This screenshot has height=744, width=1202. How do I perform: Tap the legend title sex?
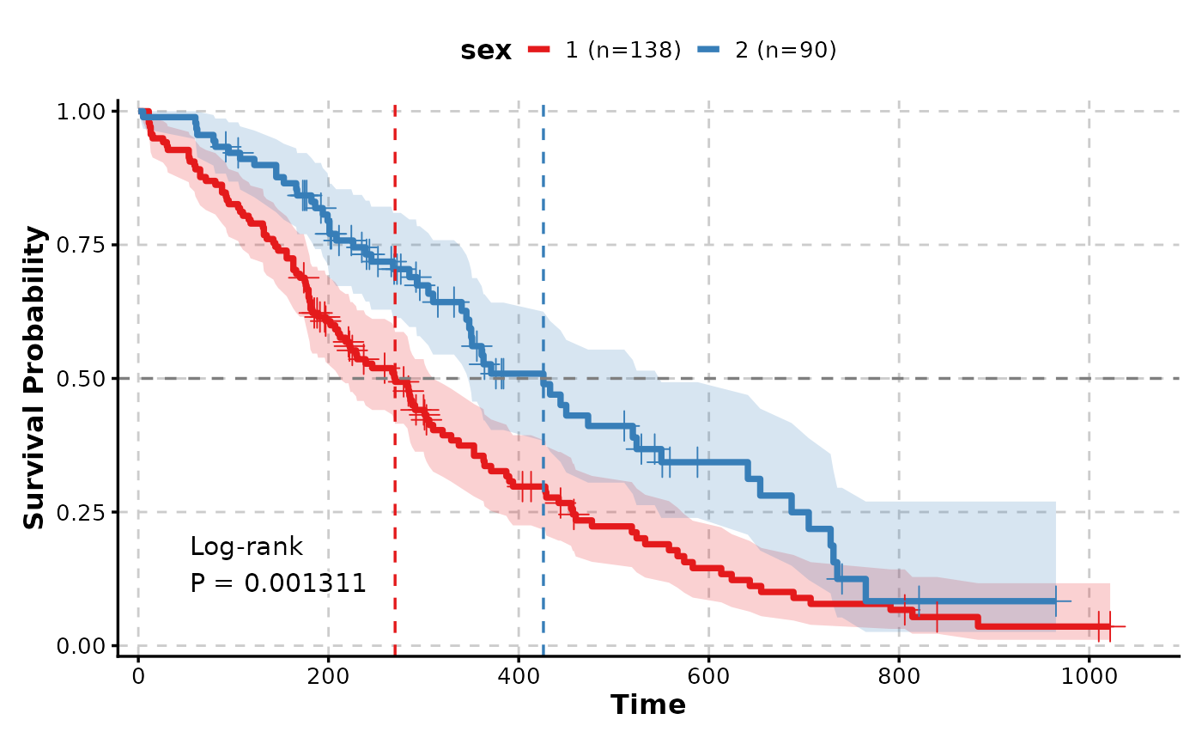coord(486,51)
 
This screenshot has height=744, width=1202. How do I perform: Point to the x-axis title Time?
coord(648,705)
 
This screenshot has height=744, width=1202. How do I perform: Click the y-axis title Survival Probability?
coord(34,378)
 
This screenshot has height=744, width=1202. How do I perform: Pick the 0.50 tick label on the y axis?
coord(81,378)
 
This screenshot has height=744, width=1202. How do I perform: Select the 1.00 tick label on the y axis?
coord(81,112)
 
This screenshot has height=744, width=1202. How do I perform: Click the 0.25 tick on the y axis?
coord(81,512)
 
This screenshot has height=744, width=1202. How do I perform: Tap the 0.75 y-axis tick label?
coord(81,245)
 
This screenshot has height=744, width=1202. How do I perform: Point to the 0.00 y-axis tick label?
coord(81,645)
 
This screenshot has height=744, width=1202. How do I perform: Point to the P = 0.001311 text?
coord(278,583)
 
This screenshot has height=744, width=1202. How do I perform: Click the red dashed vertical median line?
coord(395,515)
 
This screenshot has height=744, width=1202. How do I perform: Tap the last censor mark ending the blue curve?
coord(1055,601)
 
